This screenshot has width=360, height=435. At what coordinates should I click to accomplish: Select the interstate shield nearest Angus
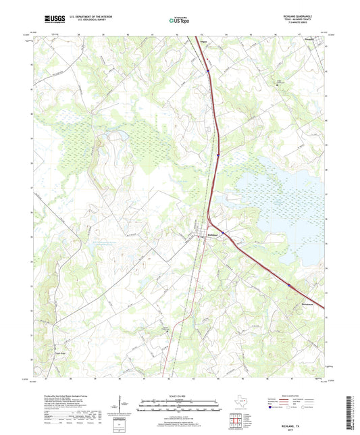pos(208,70)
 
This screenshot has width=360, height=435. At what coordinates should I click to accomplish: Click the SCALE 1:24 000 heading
pos(179,396)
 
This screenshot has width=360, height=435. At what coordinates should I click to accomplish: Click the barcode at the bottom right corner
pos(350,412)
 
